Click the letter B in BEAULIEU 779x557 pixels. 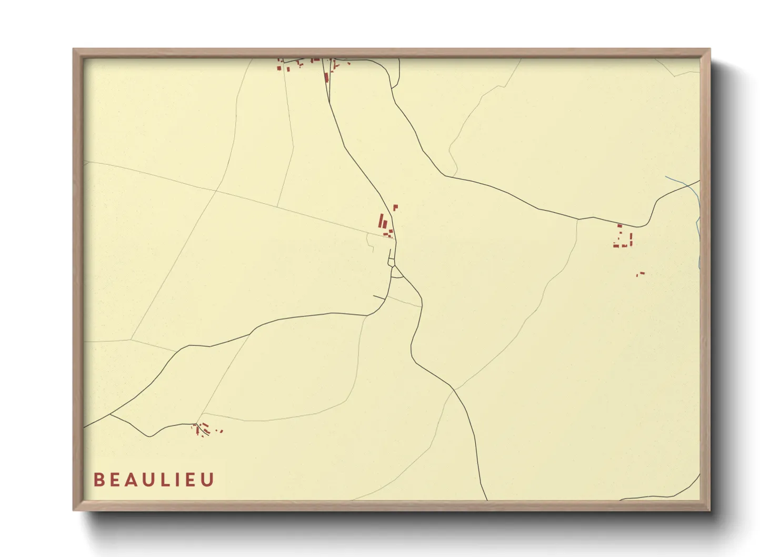pos(98,480)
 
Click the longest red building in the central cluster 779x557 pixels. pos(381,221)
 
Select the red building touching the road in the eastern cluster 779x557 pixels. pos(620,226)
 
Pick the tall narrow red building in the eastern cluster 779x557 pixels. pos(630,240)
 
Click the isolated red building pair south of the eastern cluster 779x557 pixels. pos(640,274)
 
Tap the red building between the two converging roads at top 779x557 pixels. pos(326,78)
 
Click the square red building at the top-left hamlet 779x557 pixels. pos(280,67)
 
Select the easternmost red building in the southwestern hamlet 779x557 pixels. pos(222,431)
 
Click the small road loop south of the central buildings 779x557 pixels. pos(391,262)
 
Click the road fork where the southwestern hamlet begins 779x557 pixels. pos(195,424)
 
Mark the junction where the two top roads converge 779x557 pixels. pos(330,100)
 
